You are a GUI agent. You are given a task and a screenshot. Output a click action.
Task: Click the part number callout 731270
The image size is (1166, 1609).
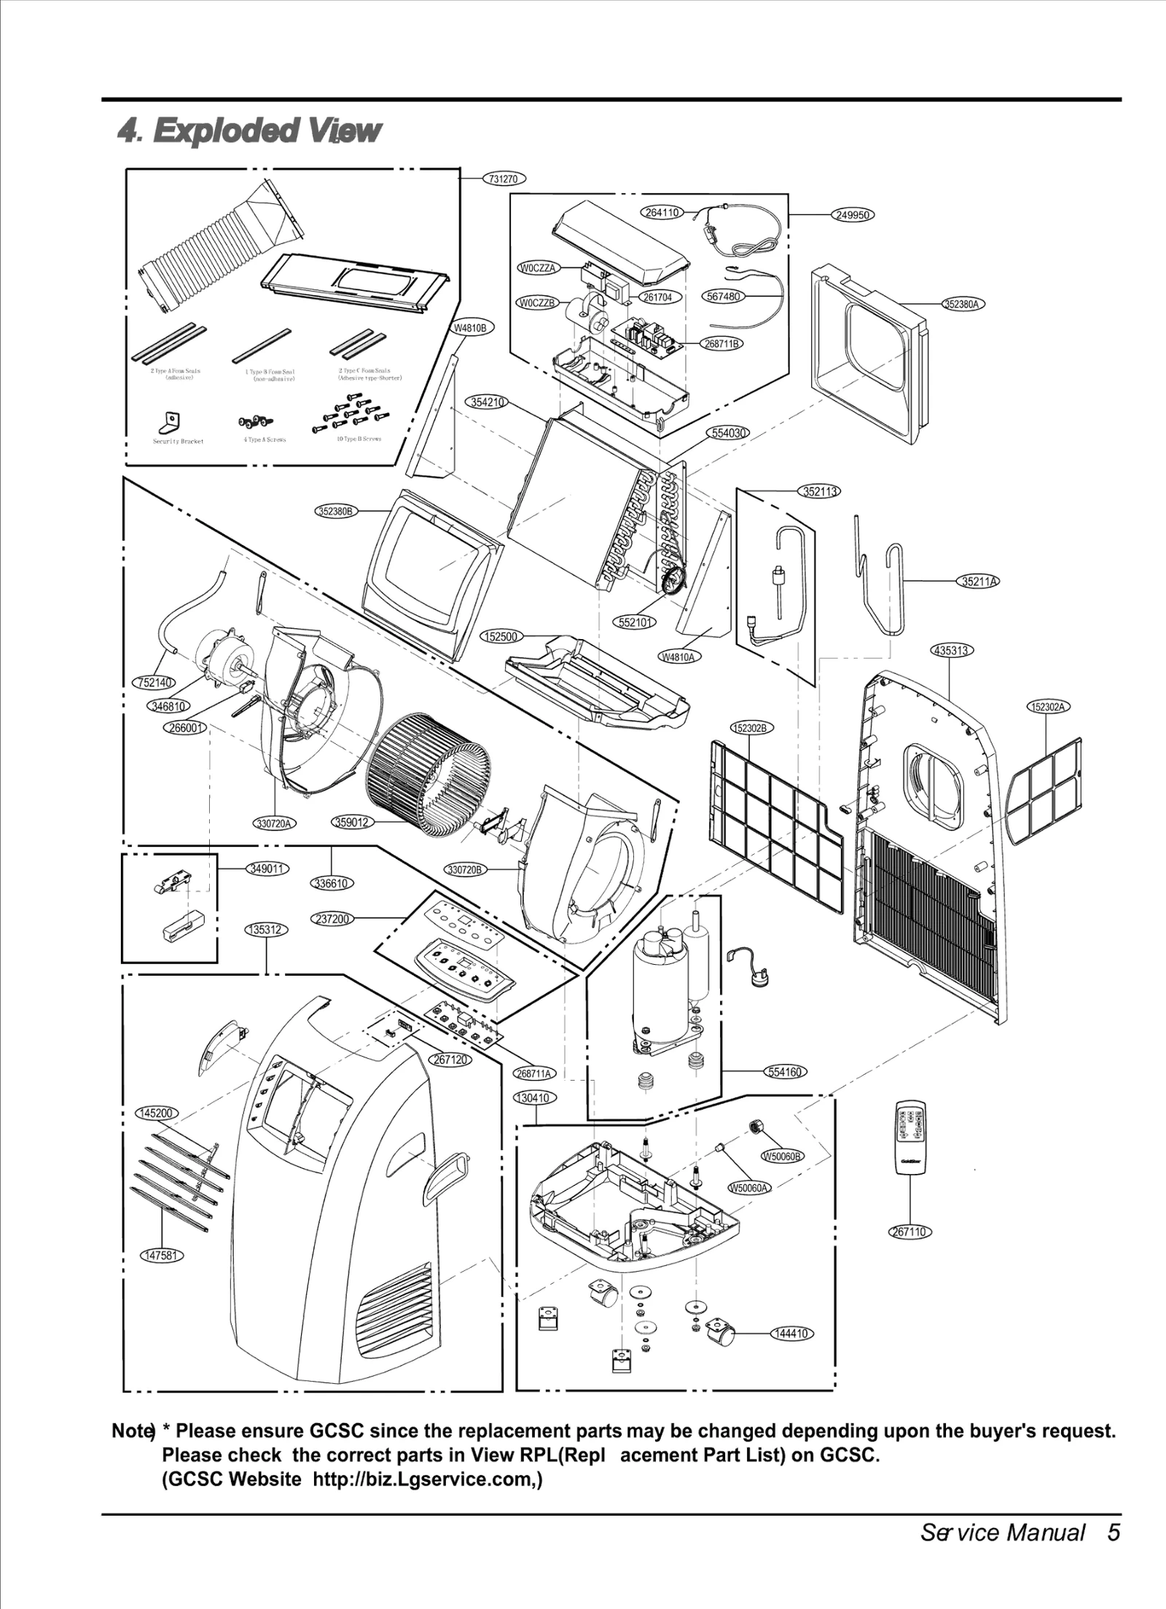[x=504, y=179]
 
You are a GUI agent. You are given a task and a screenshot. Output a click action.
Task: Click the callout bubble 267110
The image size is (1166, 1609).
[x=910, y=1232]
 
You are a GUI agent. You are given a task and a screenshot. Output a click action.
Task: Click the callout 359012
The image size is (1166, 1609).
[x=353, y=823]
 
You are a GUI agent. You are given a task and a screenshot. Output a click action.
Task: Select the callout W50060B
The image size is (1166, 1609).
[x=782, y=1156]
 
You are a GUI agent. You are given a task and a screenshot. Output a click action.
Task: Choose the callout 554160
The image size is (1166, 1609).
[x=785, y=1071]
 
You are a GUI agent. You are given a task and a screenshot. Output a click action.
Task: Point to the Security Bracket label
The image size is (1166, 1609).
[x=178, y=441]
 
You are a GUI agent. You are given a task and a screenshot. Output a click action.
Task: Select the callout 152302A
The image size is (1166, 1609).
[x=1049, y=706]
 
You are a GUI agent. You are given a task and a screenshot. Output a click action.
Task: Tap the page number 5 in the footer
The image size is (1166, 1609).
[x=1113, y=1546]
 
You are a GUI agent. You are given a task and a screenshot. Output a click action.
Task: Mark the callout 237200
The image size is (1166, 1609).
[x=334, y=919]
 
